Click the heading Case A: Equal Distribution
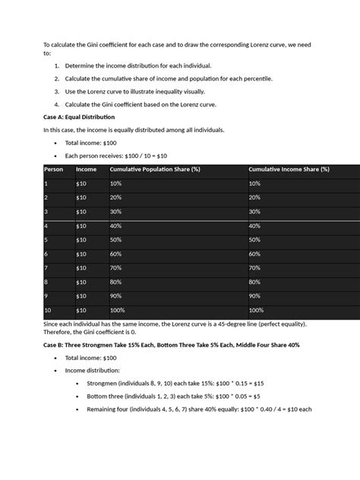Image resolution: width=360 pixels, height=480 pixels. pos(79,118)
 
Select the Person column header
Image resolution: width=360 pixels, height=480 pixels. pos(54,169)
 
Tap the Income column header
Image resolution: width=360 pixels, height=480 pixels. pos(86,169)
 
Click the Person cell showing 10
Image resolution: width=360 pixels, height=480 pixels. pos(49,310)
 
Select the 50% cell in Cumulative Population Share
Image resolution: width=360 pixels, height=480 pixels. pos(115,239)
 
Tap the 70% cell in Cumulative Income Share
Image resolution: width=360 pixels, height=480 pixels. pos(254,267)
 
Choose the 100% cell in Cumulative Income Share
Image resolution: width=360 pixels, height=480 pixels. pos(255,310)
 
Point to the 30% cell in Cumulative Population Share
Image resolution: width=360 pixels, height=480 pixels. pos(115,211)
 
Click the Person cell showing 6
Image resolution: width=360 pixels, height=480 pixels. pos(46,254)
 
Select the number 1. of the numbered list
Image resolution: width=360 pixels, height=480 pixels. pos(57,66)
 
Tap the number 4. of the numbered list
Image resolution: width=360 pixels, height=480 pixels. pos(57,104)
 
